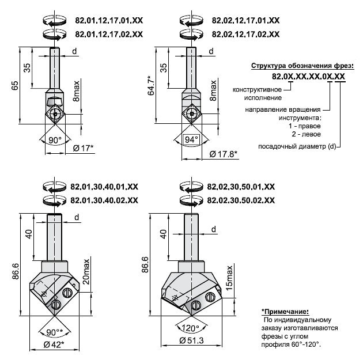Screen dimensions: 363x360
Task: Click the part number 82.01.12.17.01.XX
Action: (x=109, y=20)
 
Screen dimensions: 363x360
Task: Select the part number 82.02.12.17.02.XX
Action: (x=245, y=34)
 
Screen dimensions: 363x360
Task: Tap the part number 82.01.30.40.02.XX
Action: (x=104, y=200)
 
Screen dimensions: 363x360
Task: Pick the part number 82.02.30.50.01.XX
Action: (x=241, y=187)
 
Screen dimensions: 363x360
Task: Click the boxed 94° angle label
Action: (x=191, y=139)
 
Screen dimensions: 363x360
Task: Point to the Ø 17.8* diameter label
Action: (x=224, y=154)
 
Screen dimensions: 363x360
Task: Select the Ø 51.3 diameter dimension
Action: (x=191, y=340)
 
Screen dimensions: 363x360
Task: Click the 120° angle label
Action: (x=190, y=328)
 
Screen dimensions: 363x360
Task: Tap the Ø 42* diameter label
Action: (x=54, y=344)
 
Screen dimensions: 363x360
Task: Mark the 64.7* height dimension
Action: (x=151, y=85)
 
